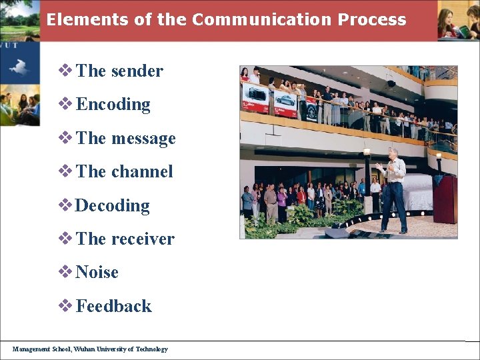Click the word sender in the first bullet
point(137,71)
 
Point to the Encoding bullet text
point(113,104)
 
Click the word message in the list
point(143,138)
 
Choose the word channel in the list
point(142,171)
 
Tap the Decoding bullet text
point(113,205)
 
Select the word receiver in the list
point(143,239)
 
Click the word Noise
point(97,272)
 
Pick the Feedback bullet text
point(114,306)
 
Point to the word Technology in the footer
point(152,349)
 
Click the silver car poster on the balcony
point(285,102)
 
